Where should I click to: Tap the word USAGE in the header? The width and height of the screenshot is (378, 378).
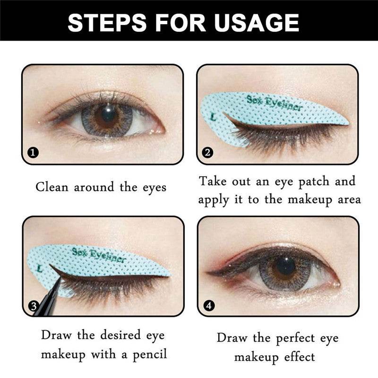pos(255,22)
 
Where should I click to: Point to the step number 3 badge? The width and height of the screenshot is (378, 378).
pos(34,306)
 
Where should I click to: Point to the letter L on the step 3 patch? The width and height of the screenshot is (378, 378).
pos(40,268)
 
